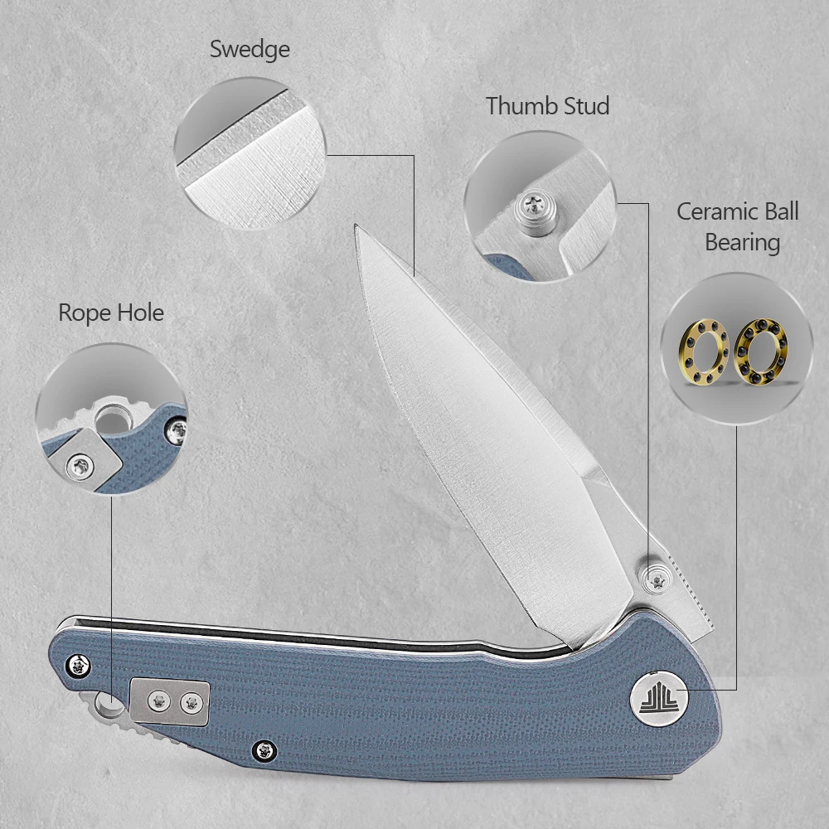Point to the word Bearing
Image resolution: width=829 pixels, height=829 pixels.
[x=742, y=243]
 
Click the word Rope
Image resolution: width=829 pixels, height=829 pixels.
[x=84, y=313]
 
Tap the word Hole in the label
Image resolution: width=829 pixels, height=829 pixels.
[x=140, y=313]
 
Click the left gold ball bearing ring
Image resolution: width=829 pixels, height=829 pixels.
[x=704, y=351]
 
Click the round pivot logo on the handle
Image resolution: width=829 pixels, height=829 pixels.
[x=659, y=698]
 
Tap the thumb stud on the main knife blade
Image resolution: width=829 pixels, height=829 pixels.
[x=656, y=580]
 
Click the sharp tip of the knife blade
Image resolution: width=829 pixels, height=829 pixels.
[x=356, y=225]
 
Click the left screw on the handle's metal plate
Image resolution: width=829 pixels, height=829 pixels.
[x=158, y=701]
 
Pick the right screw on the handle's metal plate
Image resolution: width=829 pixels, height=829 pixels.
[x=191, y=703]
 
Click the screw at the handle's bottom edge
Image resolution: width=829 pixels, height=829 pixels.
[x=264, y=750]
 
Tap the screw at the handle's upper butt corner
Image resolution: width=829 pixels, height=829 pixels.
[x=79, y=665]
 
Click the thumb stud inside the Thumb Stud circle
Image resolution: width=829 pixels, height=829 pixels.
[x=536, y=211]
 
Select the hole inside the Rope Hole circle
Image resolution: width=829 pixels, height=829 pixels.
[x=112, y=419]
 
